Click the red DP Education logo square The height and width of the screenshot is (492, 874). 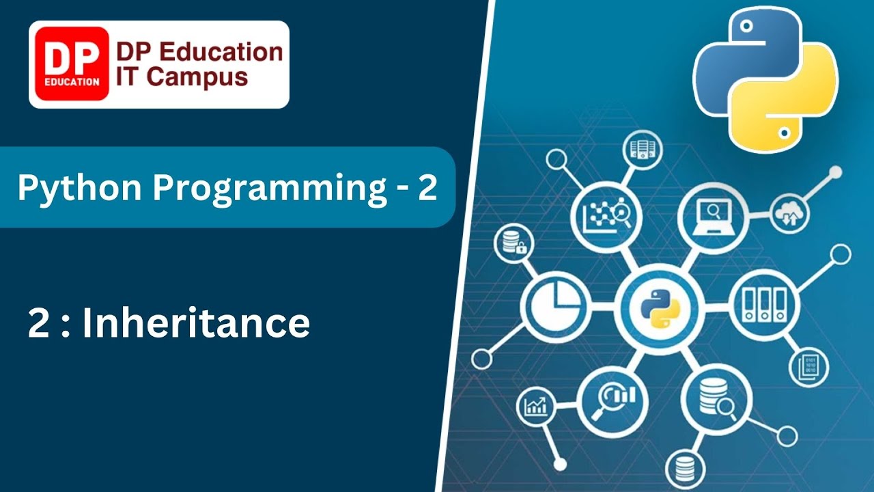coord(72,64)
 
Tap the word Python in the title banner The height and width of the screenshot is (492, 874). coord(80,189)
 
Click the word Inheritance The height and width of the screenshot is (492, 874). coord(196,323)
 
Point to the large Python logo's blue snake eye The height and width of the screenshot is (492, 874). coord(746,27)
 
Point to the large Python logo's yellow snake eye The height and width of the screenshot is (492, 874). coord(785,133)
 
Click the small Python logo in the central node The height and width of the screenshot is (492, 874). coord(660,309)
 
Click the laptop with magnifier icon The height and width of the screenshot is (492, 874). coord(714,217)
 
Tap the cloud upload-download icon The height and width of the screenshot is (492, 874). coord(790,215)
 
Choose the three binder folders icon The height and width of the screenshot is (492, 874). coord(763,305)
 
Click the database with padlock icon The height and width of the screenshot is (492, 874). coord(513,243)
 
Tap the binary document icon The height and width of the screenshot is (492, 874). coord(809,367)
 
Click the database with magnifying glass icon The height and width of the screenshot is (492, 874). coord(716,399)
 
